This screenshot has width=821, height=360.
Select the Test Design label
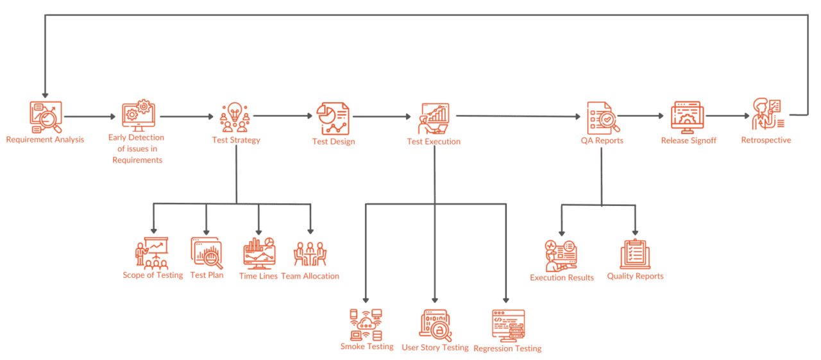click(x=334, y=142)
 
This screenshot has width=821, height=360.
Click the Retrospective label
click(x=766, y=140)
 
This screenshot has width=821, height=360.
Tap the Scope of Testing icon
click(x=152, y=253)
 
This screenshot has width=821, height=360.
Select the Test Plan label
click(x=207, y=275)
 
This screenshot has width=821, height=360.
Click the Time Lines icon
click(x=259, y=253)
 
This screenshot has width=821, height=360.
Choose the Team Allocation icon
click(x=310, y=254)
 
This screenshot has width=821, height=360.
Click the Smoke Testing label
click(x=367, y=347)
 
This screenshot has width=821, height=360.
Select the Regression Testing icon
click(x=508, y=325)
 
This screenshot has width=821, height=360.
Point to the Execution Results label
click(x=562, y=278)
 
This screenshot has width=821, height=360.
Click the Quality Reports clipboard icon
click(x=635, y=253)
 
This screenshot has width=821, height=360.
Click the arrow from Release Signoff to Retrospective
click(x=727, y=116)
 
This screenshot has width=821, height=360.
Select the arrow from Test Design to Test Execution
click(x=382, y=117)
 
